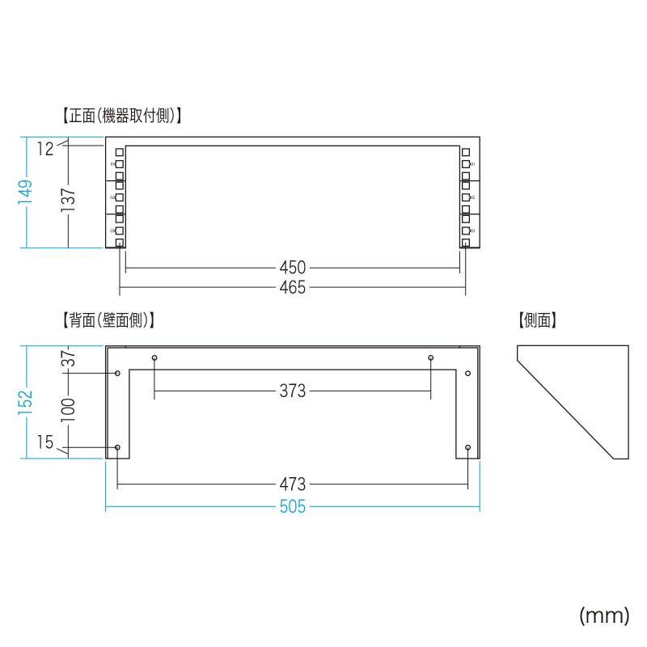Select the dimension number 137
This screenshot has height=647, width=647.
(x=68, y=201)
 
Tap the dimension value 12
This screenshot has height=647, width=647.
(x=44, y=148)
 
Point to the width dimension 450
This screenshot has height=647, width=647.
(x=293, y=267)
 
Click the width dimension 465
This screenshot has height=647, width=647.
(x=293, y=287)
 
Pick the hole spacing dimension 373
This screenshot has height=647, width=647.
(x=293, y=391)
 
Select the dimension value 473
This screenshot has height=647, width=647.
(x=293, y=484)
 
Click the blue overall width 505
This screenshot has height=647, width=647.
(x=293, y=508)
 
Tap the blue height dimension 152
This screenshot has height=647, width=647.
(x=26, y=403)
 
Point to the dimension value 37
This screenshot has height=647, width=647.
(x=68, y=359)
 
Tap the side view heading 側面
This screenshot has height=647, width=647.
(x=539, y=320)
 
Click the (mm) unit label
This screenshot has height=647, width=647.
(x=603, y=616)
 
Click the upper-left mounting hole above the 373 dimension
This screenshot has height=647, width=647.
(x=154, y=357)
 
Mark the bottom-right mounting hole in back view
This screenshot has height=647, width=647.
(x=468, y=447)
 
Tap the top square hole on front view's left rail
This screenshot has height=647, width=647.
(x=119, y=152)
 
